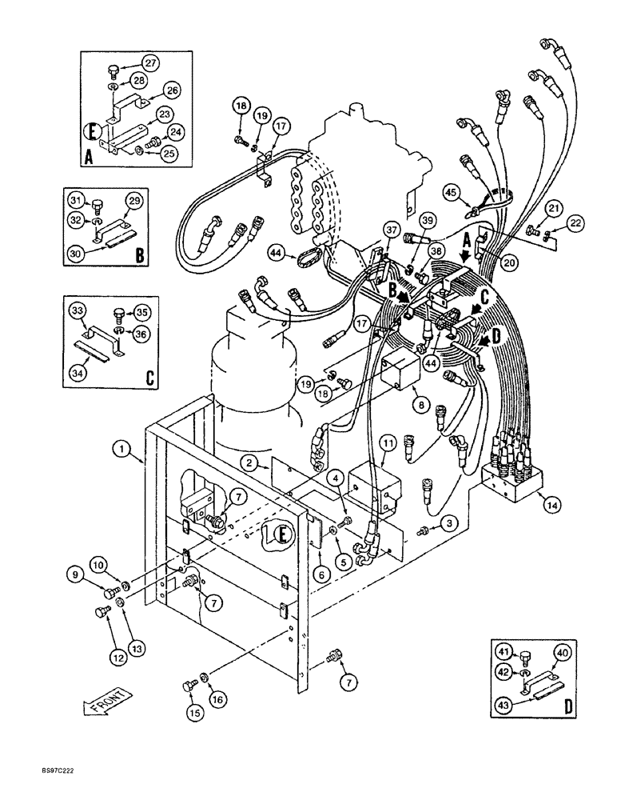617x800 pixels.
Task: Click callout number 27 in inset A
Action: point(151,62)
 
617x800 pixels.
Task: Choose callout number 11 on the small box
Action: point(387,442)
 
